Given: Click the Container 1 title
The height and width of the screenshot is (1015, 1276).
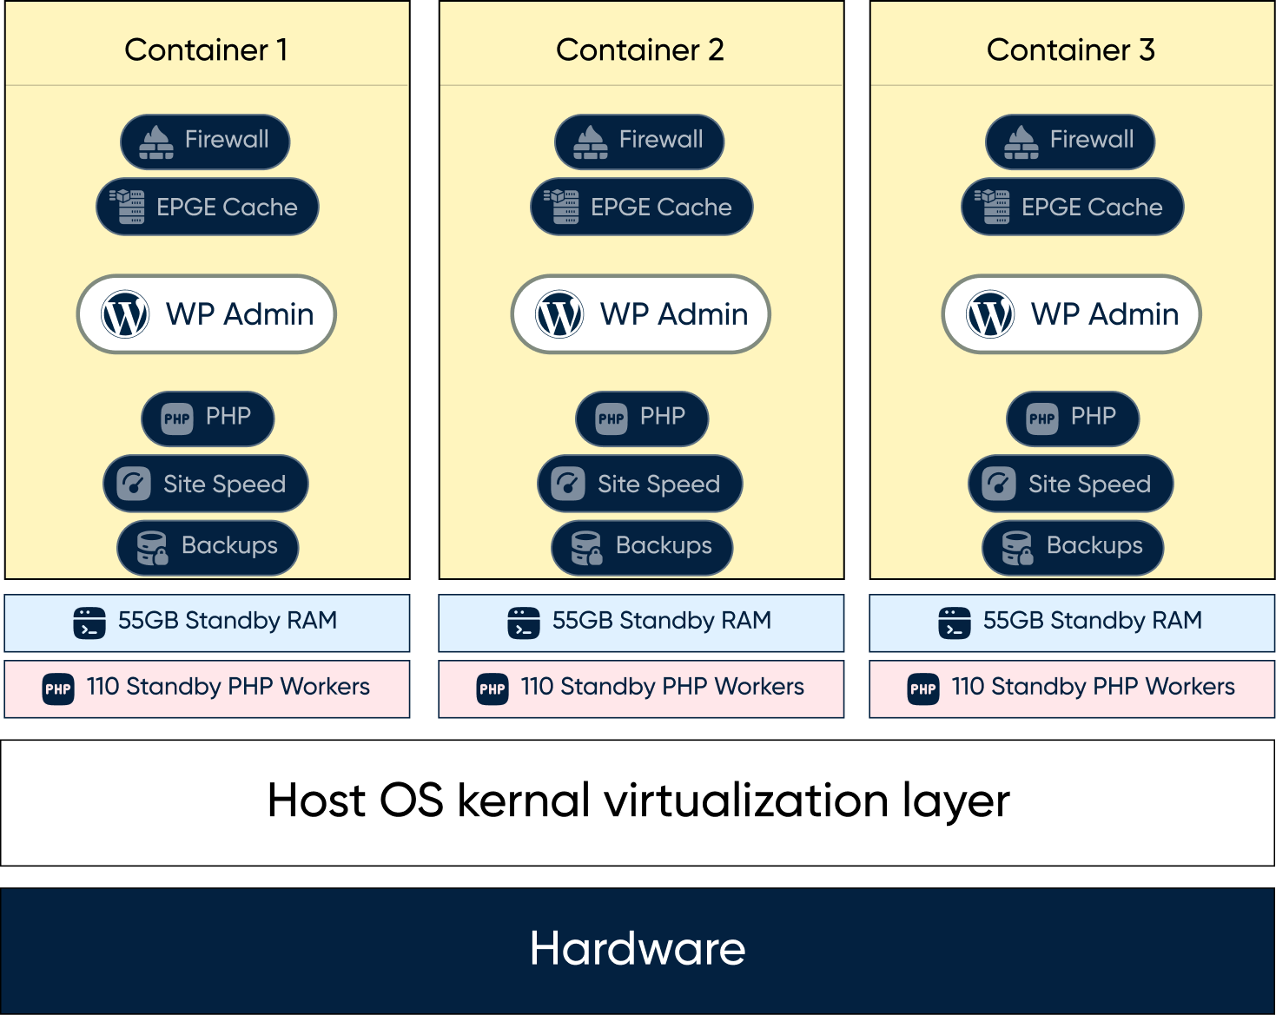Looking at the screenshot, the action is point(206,49).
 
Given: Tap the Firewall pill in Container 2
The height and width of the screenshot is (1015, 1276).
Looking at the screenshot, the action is point(639,142).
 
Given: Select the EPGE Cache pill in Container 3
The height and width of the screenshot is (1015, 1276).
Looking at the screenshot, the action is point(1072,207).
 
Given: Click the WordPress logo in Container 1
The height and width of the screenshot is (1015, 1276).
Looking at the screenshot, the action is point(124,314).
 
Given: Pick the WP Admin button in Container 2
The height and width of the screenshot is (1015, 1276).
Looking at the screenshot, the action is point(640,314).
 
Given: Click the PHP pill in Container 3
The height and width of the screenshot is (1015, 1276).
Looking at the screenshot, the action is point(1073,419).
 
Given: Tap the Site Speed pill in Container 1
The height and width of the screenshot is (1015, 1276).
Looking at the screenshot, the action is point(206,484).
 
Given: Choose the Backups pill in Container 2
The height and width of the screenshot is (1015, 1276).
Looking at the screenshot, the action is point(642,548).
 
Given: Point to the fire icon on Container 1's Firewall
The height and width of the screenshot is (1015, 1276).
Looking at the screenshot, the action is point(156,142).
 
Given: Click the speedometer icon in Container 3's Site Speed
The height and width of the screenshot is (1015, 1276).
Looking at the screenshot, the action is point(999,484).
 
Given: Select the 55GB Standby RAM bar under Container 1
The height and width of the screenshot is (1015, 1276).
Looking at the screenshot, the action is point(207,623).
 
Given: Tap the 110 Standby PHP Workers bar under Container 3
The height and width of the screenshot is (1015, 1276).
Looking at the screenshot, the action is point(1072,689).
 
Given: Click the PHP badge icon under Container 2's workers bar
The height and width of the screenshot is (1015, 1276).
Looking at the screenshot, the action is point(493,689).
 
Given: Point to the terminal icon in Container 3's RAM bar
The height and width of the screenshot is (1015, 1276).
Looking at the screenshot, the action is point(955,623).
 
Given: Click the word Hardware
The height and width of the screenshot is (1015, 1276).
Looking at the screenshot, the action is point(638,949).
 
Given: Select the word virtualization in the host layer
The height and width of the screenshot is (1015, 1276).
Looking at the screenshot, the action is point(746,801).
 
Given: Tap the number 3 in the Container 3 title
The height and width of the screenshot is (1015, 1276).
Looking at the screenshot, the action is point(1147,49).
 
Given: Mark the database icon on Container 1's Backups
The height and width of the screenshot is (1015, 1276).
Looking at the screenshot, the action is point(152,548).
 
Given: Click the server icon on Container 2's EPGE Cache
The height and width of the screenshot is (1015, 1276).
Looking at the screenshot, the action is point(561,207).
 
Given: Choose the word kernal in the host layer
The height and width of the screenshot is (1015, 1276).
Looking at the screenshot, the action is point(524,801).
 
